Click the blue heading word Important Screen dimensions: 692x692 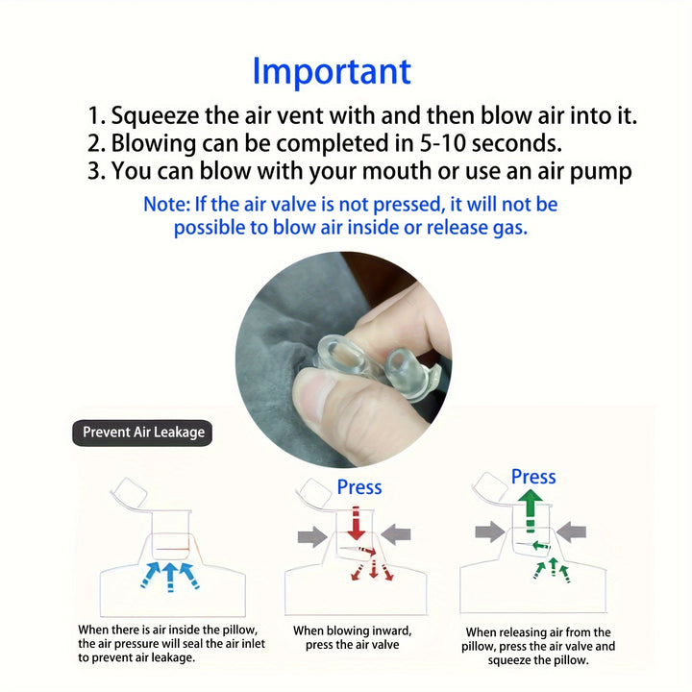(x=332, y=72)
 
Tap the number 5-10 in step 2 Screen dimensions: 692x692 (x=443, y=143)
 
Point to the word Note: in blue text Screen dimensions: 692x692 (x=167, y=205)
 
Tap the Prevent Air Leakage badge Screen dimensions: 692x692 (x=142, y=432)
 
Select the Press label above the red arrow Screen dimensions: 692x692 (x=359, y=487)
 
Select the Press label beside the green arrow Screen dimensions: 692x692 (x=533, y=477)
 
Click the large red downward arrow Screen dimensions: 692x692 (x=356, y=524)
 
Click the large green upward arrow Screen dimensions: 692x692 (x=530, y=512)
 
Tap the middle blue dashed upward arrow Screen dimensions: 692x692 (x=170, y=578)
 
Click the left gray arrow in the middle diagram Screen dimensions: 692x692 (x=312, y=536)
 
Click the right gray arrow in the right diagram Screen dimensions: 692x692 (x=571, y=531)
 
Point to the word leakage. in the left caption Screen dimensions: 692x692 (x=173, y=657)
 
